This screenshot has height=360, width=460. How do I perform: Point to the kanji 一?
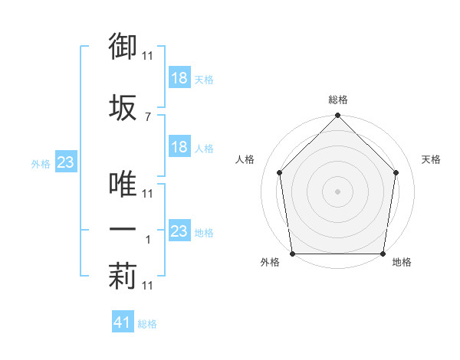[123, 229]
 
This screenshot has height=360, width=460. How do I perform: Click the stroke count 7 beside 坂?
[147, 116]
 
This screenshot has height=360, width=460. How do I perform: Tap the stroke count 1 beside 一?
[148, 240]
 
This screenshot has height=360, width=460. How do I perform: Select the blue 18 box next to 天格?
[179, 78]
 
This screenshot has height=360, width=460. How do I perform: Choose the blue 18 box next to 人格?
[179, 147]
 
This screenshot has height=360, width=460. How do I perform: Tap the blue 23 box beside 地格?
[179, 231]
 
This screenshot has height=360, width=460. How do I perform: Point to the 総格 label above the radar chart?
[338, 100]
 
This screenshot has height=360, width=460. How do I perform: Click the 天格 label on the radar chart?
[432, 159]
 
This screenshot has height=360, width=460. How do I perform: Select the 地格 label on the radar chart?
[402, 263]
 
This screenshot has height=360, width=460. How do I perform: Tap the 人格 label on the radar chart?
[245, 159]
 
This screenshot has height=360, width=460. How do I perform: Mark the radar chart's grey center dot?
[337, 191]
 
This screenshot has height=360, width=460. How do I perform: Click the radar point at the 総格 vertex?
[337, 117]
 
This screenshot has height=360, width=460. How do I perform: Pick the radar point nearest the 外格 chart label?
[293, 254]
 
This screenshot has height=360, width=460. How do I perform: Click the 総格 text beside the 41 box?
[147, 324]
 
